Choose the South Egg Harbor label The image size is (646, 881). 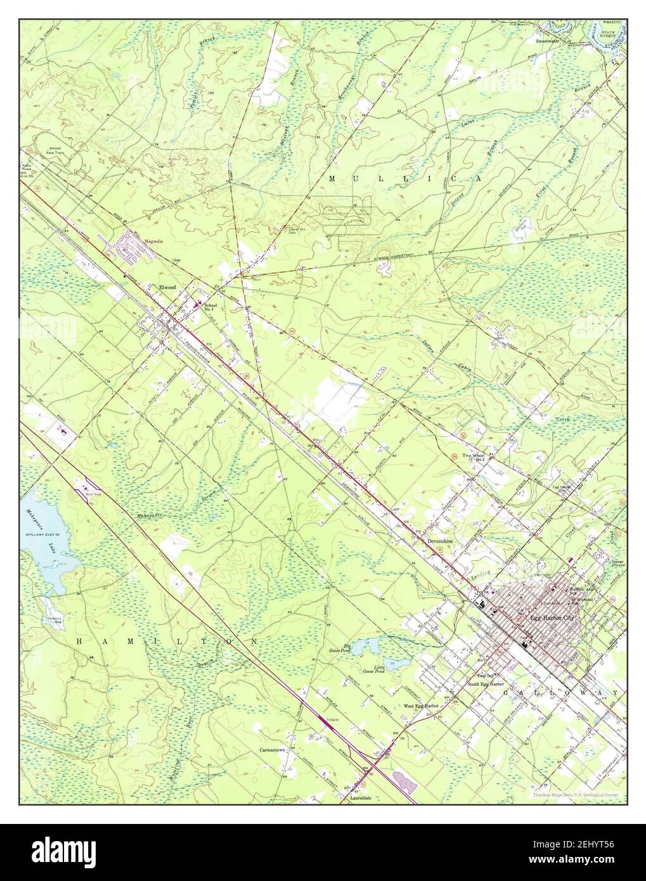coord(486,685)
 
